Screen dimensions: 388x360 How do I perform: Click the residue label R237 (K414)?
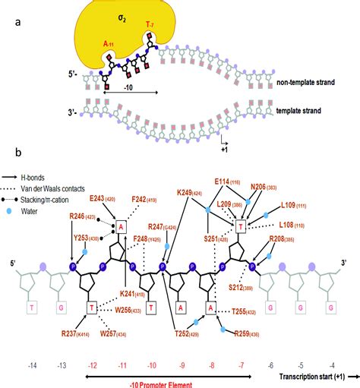click(x=79, y=333)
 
